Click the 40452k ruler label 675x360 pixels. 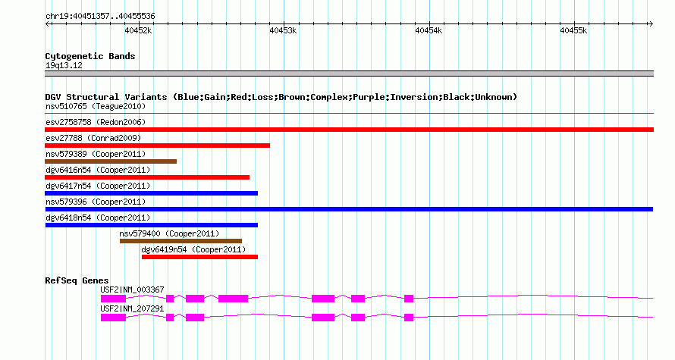[x=138, y=30]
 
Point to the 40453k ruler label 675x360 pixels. [x=283, y=30]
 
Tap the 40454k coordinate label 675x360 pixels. [x=429, y=30]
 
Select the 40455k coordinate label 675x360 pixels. [x=573, y=30]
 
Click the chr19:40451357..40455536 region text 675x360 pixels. [x=100, y=17]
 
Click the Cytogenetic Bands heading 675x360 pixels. [x=90, y=56]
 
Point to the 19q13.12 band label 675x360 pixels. [x=64, y=65]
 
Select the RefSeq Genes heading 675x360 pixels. [x=77, y=280]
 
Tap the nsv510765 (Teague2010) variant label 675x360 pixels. [x=96, y=106]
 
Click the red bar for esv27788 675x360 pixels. [x=158, y=146]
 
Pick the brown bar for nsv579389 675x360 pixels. [x=111, y=161]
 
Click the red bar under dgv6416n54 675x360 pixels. [x=147, y=177]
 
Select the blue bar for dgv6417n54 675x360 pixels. [x=152, y=193]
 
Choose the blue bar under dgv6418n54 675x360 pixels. [x=152, y=225]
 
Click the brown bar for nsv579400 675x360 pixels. [x=181, y=241]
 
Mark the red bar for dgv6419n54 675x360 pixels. [x=199, y=257]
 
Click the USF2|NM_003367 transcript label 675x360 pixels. [x=132, y=290]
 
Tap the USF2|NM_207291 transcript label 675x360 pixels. [x=132, y=308]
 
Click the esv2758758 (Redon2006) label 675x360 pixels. [x=96, y=122]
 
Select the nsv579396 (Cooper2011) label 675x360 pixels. [x=96, y=202]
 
